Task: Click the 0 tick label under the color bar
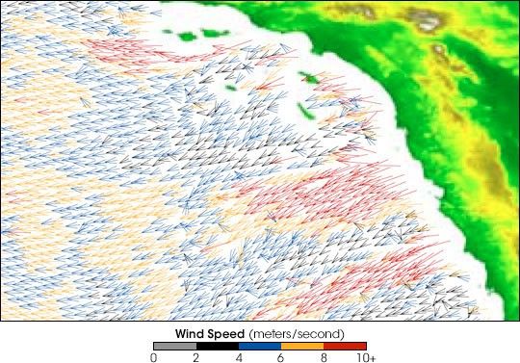pos(154,357)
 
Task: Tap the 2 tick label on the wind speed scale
pos(196,357)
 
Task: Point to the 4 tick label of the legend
pos(239,357)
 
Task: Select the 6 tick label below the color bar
pos(281,357)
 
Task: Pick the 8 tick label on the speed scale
pos(324,357)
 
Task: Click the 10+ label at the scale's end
pos(364,357)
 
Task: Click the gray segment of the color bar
pos(175,346)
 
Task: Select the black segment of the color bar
pos(218,346)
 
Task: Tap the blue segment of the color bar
pos(260,346)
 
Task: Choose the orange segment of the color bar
pos(302,346)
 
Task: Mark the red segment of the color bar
pos(345,346)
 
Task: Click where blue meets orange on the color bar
pos(281,346)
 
